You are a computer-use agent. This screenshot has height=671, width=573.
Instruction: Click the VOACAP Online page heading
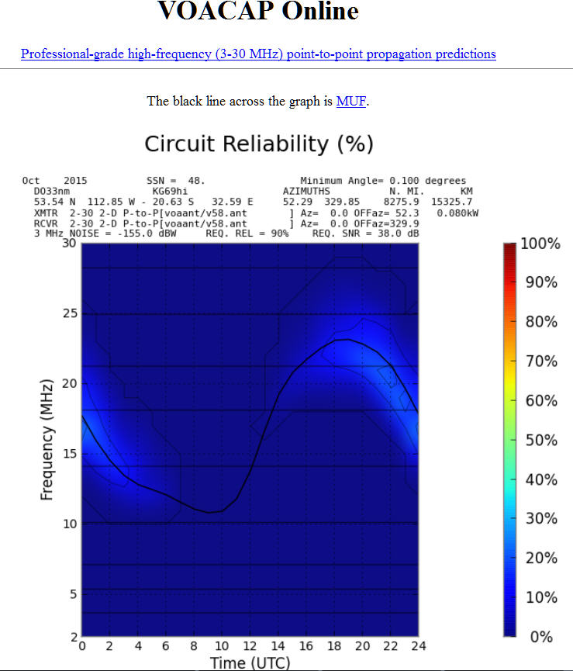[x=258, y=12]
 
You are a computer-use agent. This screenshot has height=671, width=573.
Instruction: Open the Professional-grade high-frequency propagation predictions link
[x=258, y=54]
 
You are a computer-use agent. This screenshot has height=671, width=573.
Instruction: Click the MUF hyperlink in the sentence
[x=350, y=101]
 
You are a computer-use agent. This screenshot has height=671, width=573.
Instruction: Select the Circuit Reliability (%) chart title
[x=259, y=144]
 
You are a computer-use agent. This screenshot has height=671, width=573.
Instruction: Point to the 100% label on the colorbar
[x=540, y=244]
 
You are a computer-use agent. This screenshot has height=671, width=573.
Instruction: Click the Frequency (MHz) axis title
[x=47, y=440]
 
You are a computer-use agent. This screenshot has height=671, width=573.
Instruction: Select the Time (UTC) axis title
[x=250, y=662]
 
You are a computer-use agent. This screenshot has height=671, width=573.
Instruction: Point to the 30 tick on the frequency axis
[x=68, y=244]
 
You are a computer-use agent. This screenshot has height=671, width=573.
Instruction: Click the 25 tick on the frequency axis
[x=68, y=313]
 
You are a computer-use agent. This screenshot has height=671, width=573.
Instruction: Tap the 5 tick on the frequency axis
[x=71, y=594]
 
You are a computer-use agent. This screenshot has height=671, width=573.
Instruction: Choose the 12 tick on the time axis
[x=250, y=646]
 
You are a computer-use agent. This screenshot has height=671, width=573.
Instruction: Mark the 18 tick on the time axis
[x=333, y=646]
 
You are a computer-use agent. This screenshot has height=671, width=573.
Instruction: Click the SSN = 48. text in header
[x=175, y=181]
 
